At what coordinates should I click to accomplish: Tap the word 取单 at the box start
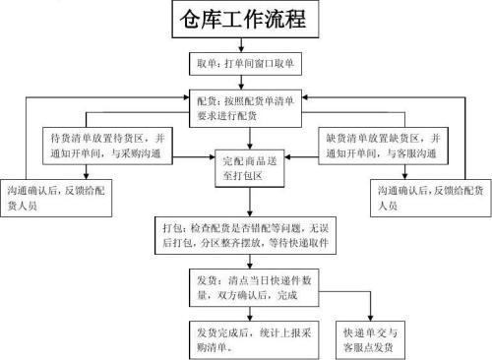tap(205, 63)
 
